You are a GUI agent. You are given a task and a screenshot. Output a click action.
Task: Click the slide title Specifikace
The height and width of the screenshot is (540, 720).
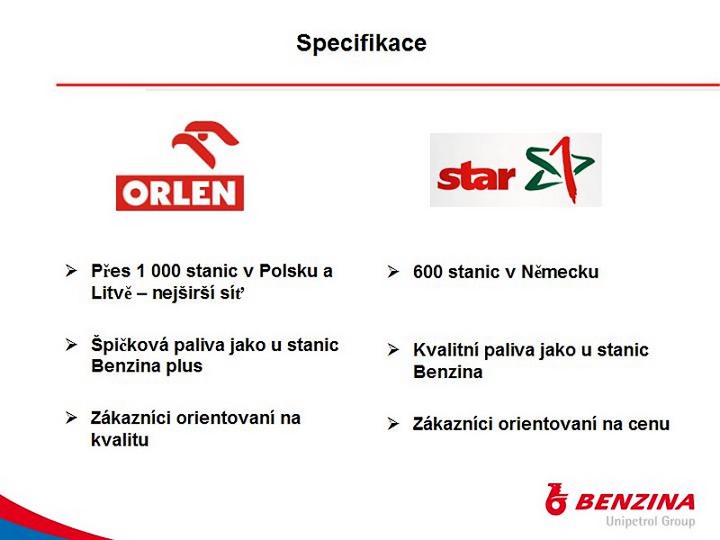click(362, 43)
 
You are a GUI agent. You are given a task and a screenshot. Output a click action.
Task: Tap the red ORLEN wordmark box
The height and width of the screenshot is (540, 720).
click(179, 193)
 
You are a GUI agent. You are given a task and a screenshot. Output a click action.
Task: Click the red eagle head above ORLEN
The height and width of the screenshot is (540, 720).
click(205, 143)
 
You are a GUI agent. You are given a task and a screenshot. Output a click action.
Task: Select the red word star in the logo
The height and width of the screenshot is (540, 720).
click(476, 176)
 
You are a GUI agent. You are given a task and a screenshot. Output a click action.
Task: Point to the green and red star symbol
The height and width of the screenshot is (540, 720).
click(559, 168)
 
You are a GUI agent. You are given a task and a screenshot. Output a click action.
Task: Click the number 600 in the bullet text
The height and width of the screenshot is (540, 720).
click(428, 272)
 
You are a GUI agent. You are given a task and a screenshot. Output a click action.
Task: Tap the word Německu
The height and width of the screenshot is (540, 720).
click(560, 272)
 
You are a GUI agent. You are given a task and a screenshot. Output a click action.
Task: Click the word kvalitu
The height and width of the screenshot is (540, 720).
click(120, 440)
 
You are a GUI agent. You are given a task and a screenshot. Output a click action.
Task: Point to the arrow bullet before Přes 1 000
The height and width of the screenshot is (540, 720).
click(71, 270)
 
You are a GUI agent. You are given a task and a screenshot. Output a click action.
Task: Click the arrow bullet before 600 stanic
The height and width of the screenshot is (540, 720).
click(393, 272)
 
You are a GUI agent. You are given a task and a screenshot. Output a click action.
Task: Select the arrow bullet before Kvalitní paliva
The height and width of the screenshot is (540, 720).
click(393, 349)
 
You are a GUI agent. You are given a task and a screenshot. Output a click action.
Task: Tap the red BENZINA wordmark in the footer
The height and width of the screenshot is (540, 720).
click(634, 502)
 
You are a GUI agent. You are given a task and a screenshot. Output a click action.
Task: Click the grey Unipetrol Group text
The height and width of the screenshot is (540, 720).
click(650, 522)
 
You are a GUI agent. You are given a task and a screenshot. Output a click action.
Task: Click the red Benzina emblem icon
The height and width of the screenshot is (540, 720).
click(556, 499)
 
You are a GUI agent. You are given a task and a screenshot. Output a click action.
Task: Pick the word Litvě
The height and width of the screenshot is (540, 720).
click(112, 293)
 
